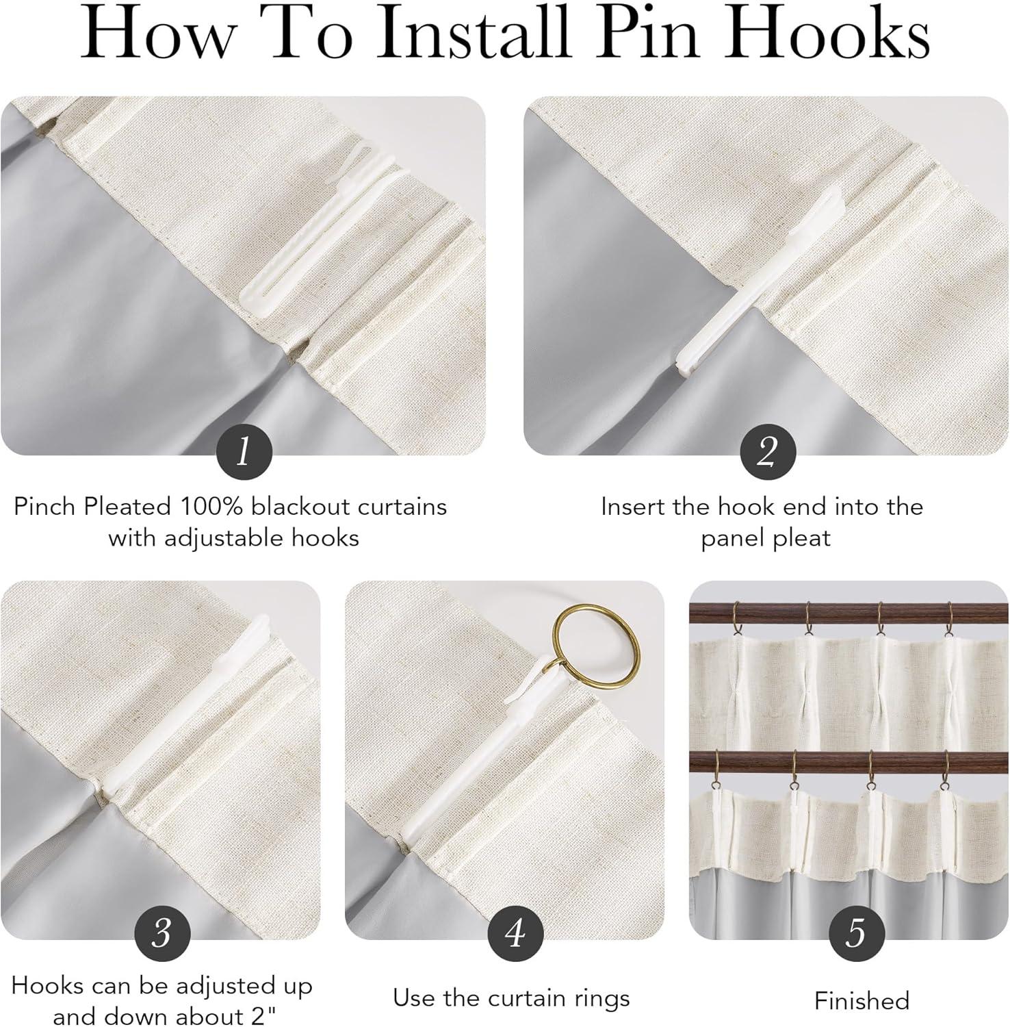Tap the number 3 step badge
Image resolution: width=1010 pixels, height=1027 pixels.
pyautogui.click(x=161, y=933)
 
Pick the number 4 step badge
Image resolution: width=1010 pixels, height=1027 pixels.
pyautogui.click(x=514, y=933)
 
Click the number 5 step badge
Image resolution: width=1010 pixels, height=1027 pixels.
pyautogui.click(x=856, y=933)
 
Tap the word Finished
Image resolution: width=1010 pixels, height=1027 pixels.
pyautogui.click(x=862, y=1001)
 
